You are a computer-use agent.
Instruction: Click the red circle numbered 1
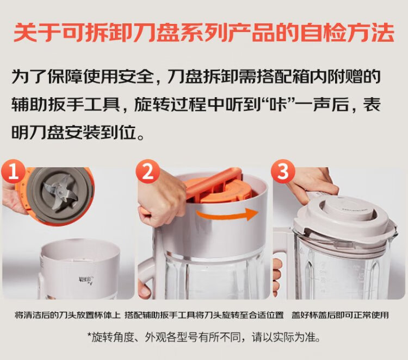(x=13, y=172)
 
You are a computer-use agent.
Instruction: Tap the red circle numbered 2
(x=149, y=172)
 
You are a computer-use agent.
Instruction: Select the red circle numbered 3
(x=283, y=172)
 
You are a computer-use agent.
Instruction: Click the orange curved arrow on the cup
(x=227, y=214)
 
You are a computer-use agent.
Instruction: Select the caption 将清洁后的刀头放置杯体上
(x=67, y=315)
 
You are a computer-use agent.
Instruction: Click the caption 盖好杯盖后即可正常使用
(x=340, y=315)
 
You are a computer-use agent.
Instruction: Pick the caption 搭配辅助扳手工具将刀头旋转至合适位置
(x=204, y=315)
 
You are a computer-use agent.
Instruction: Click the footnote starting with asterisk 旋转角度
(x=204, y=337)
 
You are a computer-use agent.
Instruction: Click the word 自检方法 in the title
(x=348, y=33)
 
